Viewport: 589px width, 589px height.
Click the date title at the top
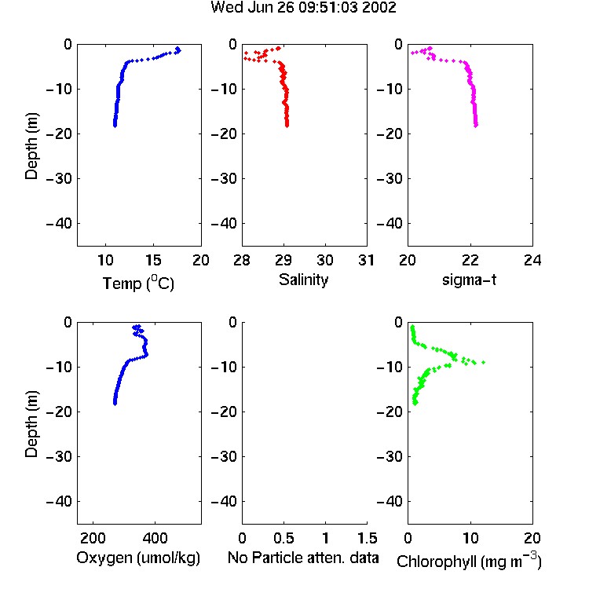pos(303,7)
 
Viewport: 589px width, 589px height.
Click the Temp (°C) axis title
pos(138,283)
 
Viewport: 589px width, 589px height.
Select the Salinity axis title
pos(303,280)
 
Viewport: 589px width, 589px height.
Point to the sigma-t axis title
pos(469,280)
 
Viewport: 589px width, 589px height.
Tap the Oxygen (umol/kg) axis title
pos(138,558)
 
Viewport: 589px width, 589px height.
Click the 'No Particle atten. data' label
pos(303,558)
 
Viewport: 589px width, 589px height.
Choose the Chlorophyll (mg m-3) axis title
pos(469,561)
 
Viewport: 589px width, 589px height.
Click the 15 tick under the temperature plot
pos(153,260)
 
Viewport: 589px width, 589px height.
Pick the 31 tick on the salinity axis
pos(366,260)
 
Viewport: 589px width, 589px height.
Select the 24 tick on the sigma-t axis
pos(532,260)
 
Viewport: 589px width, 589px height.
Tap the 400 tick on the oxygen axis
pos(155,538)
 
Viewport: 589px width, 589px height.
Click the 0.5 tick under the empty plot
pos(284,538)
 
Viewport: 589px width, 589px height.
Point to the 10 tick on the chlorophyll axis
pos(470,538)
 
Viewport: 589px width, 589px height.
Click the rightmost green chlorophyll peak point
pos(484,362)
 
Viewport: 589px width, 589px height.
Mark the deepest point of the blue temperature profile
pos(115,126)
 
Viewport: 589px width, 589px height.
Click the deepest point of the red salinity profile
pos(287,126)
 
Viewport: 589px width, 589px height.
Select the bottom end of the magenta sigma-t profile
pos(476,126)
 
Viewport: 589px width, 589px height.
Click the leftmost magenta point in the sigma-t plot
pos(412,53)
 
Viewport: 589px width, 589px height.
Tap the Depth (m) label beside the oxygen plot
pos(31,424)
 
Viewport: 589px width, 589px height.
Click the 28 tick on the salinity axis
pos(242,260)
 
